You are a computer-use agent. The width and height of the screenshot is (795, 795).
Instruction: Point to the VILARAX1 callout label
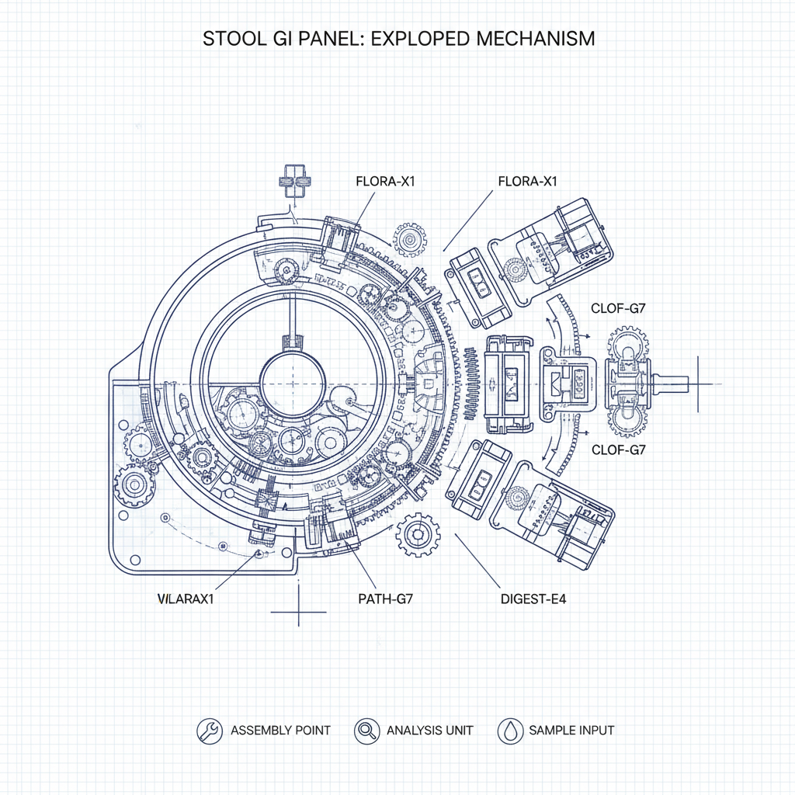[186, 599]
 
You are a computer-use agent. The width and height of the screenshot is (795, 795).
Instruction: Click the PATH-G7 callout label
[385, 599]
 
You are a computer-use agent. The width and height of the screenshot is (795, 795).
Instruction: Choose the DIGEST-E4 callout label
[533, 599]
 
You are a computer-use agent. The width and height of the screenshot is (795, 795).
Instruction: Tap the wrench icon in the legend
[210, 731]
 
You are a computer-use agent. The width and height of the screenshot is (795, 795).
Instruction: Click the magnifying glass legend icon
[366, 731]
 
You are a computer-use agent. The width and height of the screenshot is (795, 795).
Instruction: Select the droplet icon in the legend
[510, 731]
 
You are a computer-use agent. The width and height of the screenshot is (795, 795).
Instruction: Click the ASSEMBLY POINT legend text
[280, 731]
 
